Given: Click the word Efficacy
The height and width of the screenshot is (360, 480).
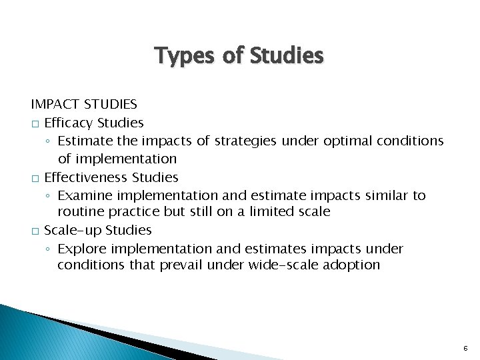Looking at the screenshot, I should tap(69, 123).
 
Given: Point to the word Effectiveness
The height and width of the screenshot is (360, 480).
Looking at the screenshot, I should tap(86, 177).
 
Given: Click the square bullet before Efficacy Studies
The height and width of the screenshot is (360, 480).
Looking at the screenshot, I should tap(35, 124).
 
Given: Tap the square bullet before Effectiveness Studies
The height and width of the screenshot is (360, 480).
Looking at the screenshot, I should tap(35, 178).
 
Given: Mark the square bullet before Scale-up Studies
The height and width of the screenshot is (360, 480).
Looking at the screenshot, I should tap(35, 231).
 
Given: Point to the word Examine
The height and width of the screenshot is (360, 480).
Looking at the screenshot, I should tap(83, 195).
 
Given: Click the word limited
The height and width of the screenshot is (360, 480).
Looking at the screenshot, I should tap(295, 213).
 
